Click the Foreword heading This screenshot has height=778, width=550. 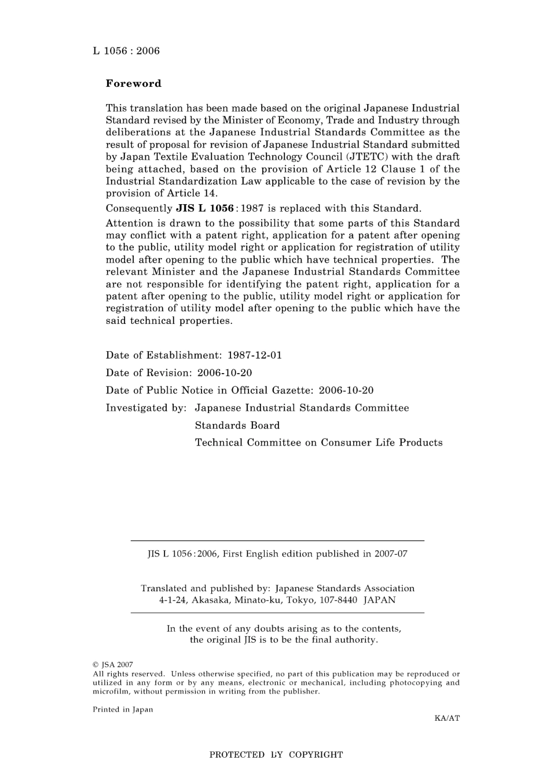[133, 83]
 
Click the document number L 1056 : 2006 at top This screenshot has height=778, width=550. [126, 51]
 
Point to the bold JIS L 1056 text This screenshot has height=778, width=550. [204, 208]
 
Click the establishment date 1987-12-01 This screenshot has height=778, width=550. [255, 355]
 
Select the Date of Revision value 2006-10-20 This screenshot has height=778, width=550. [225, 373]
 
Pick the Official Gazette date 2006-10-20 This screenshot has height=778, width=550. [346, 390]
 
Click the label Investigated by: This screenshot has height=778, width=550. [146, 408]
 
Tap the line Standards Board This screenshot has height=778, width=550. [237, 425]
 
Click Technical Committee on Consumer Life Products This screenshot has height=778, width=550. [318, 443]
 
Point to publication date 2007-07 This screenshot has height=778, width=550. [391, 554]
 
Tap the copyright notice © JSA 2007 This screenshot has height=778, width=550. [113, 665]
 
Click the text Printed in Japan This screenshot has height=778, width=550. [123, 710]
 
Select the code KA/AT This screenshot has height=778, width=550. [447, 718]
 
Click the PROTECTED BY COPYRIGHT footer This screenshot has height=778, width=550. [276, 755]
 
